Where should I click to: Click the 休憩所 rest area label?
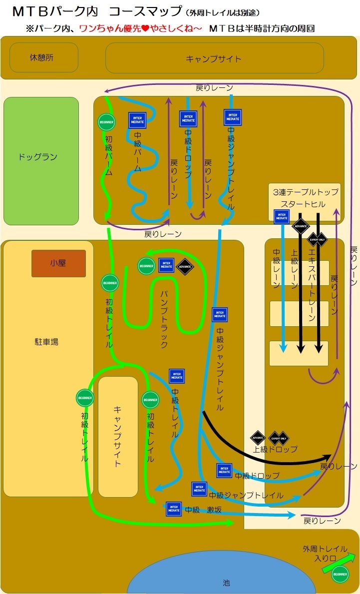(41, 57)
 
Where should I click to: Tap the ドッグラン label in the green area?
(38, 157)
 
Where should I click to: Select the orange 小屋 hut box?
(58, 263)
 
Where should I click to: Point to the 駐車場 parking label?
(46, 342)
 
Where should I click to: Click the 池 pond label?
(226, 583)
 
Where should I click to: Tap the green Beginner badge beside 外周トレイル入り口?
(341, 575)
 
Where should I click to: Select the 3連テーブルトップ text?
(306, 192)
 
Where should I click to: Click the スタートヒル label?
(303, 204)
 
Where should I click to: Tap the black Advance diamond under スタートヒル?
(301, 226)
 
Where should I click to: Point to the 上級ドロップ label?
(275, 449)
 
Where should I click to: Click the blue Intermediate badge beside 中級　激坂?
(174, 509)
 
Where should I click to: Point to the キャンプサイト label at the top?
(214, 59)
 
